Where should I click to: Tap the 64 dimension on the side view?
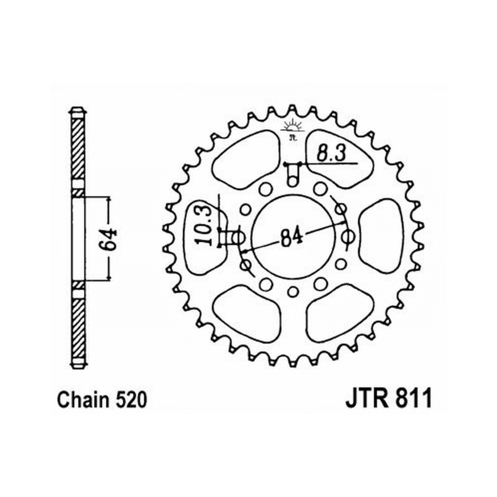pyautogui.click(x=111, y=239)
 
